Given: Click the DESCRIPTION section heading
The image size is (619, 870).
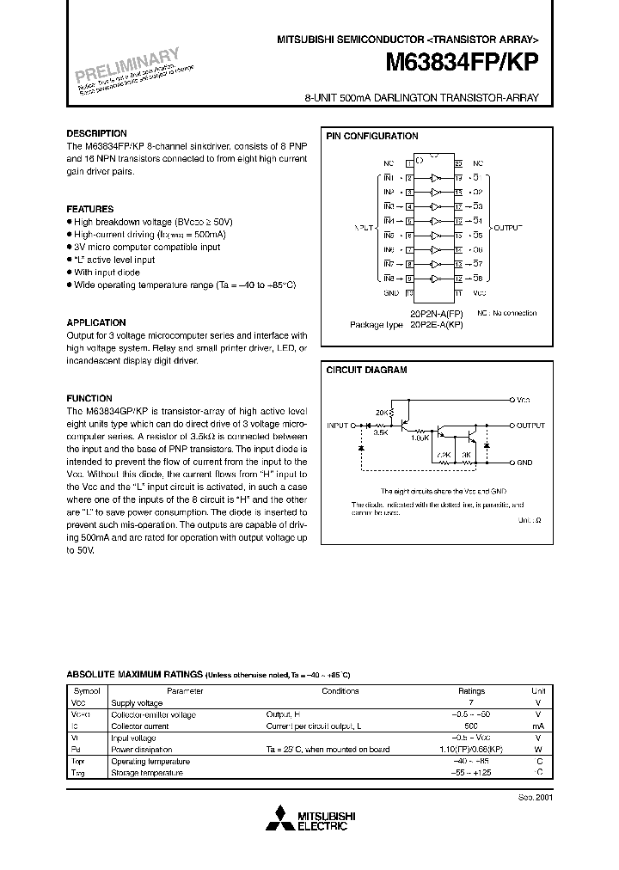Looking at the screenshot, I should (x=96, y=134).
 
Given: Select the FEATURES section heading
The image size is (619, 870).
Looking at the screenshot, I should (x=89, y=209).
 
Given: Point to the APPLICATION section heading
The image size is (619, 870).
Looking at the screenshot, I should (x=96, y=322).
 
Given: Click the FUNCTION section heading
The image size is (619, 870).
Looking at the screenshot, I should (x=89, y=398).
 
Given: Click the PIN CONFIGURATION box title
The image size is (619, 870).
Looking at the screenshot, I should (x=371, y=136).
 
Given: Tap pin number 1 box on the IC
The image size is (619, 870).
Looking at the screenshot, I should (x=410, y=162).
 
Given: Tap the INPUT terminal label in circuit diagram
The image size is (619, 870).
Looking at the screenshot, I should (x=338, y=426).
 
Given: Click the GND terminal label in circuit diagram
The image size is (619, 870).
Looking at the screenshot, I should (x=524, y=463).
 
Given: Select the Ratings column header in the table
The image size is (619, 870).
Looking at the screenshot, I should (x=471, y=690).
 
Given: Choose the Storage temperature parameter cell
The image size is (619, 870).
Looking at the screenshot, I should (x=146, y=772).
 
